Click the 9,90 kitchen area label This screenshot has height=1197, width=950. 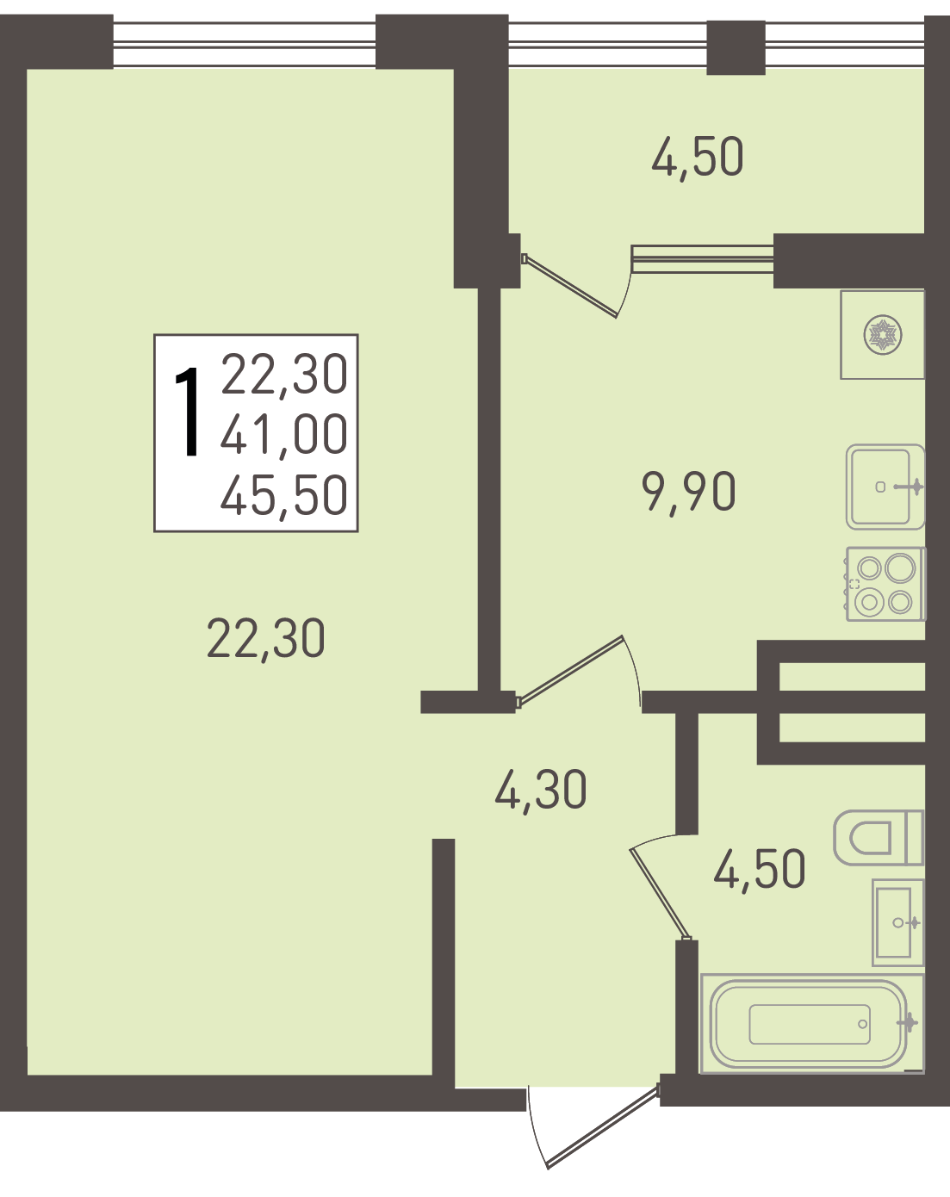tap(689, 492)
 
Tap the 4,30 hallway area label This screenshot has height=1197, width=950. tap(540, 790)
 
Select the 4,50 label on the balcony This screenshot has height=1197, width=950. tap(698, 157)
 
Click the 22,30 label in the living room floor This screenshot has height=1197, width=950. tap(265, 640)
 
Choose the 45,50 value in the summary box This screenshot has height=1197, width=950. tap(284, 496)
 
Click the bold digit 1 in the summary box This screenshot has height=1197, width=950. tap(188, 412)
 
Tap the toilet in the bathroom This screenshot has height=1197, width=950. tap(879, 838)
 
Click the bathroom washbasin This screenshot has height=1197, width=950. tap(897, 922)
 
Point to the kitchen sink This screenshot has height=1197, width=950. tap(885, 487)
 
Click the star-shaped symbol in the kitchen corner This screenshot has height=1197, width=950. tap(883, 335)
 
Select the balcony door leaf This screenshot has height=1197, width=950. tap(570, 287)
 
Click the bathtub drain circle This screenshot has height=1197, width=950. tap(863, 1024)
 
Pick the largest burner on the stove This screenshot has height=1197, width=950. tap(900, 568)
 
